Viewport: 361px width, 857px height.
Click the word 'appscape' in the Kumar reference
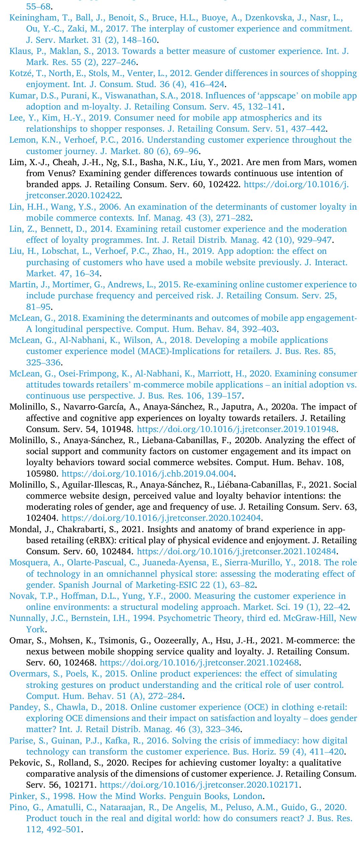[x=276, y=96]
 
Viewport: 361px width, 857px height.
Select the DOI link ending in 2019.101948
[x=236, y=429]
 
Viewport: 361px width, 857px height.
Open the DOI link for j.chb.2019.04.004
[x=147, y=474]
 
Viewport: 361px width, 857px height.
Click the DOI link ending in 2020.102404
[x=161, y=518]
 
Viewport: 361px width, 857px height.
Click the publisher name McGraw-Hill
[x=308, y=618]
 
